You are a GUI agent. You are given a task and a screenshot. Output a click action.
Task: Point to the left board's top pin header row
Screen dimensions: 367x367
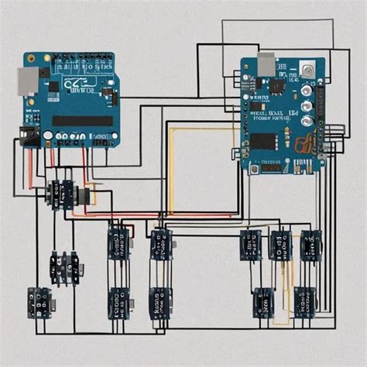[x=77, y=57]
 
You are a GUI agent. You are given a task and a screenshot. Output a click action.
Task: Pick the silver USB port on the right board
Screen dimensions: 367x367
[x=266, y=65]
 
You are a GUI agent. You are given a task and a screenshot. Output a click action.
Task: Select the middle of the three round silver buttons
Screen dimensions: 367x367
[x=307, y=105]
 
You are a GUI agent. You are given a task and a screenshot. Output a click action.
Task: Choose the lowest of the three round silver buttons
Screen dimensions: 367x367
[x=307, y=120]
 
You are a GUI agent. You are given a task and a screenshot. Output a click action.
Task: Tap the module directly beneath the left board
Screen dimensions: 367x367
[x=60, y=194]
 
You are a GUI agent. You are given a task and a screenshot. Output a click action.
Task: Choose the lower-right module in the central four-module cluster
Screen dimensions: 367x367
[x=160, y=302]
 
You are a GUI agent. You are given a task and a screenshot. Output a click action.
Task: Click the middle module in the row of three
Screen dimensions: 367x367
[x=280, y=245]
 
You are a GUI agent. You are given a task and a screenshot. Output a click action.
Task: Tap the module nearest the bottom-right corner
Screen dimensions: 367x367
[x=305, y=302]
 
